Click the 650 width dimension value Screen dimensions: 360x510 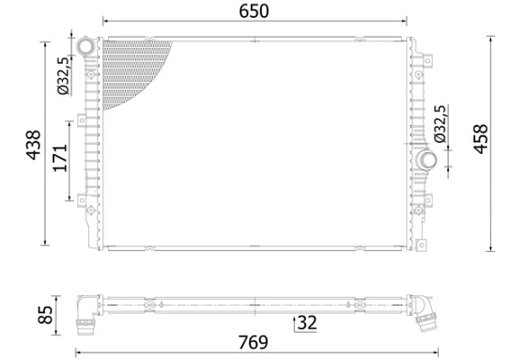[255, 10]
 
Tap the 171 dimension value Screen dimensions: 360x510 [59, 158]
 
